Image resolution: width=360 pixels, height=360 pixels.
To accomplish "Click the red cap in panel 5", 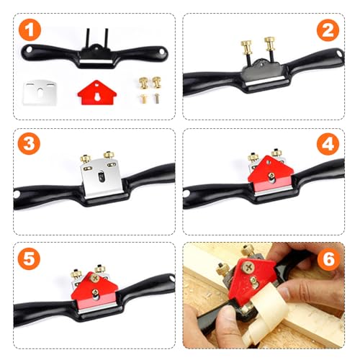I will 94,287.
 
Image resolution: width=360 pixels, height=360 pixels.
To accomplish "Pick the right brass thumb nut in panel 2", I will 270,45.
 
